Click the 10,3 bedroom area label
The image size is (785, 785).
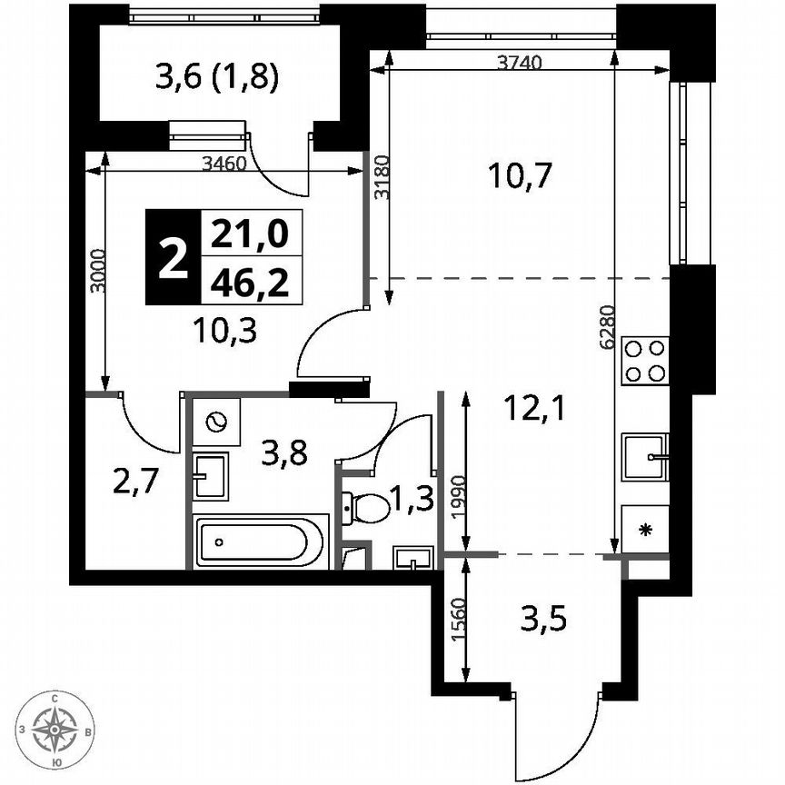coord(225,331)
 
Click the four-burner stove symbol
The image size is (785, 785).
coord(645,360)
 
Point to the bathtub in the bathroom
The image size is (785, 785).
coord(260,544)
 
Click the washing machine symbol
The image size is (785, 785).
coord(216,422)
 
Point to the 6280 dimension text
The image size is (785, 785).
coord(608,327)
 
